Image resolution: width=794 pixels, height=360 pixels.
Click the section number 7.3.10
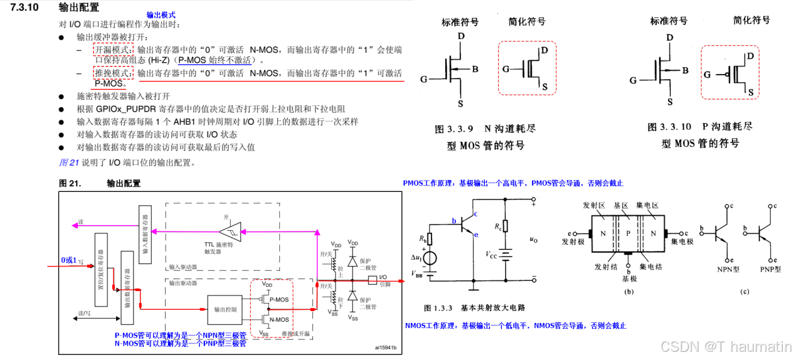(24, 8)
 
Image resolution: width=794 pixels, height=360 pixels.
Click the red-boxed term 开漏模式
(114, 50)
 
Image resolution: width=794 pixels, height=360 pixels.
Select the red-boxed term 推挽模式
(114, 73)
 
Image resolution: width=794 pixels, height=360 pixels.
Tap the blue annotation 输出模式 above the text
(161, 14)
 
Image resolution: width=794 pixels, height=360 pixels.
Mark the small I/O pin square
(373, 280)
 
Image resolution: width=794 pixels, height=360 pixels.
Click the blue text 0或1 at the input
(70, 260)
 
